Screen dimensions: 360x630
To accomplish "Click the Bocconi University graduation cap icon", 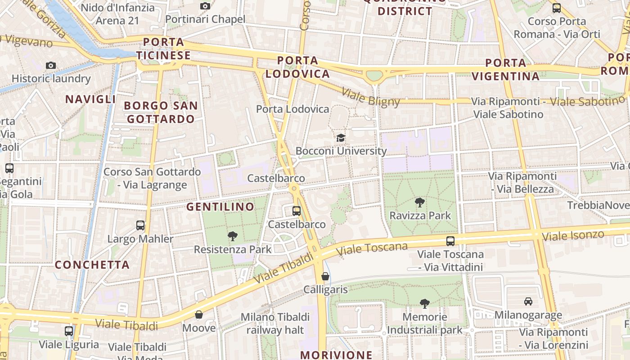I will [341, 138].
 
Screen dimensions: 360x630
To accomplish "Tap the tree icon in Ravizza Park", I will [420, 202].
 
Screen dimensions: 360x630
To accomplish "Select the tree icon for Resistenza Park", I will [233, 236].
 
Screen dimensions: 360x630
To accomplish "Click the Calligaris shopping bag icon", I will [325, 276].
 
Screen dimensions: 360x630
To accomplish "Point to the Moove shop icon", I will [199, 315].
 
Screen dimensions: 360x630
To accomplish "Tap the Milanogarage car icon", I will [528, 301].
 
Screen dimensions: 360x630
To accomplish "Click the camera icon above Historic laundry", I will [51, 65].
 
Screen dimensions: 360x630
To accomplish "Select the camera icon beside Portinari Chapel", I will [205, 6].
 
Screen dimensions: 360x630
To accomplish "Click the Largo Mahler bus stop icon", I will [140, 225].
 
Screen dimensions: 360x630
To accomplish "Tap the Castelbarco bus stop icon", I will [297, 211].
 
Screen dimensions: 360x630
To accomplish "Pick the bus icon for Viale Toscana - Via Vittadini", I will [450, 241].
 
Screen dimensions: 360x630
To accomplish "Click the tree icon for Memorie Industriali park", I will [424, 304].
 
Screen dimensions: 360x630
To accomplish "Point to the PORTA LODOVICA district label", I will [297, 67].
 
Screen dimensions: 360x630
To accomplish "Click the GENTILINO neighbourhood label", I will [220, 207].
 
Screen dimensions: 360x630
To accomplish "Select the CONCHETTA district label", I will [92, 265].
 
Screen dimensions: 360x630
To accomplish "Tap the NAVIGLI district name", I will [90, 99].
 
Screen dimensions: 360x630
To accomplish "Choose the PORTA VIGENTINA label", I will [506, 69].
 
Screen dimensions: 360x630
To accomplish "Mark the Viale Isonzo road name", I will [573, 235].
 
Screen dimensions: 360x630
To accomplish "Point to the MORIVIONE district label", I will [336, 355].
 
